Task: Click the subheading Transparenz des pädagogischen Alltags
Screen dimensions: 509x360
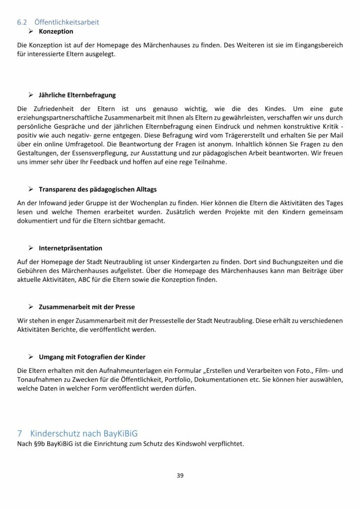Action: [99, 189]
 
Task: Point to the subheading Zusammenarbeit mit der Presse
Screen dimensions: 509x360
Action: [87, 307]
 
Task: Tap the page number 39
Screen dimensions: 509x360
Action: [180, 476]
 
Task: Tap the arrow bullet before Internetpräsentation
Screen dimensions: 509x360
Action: [31, 248]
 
